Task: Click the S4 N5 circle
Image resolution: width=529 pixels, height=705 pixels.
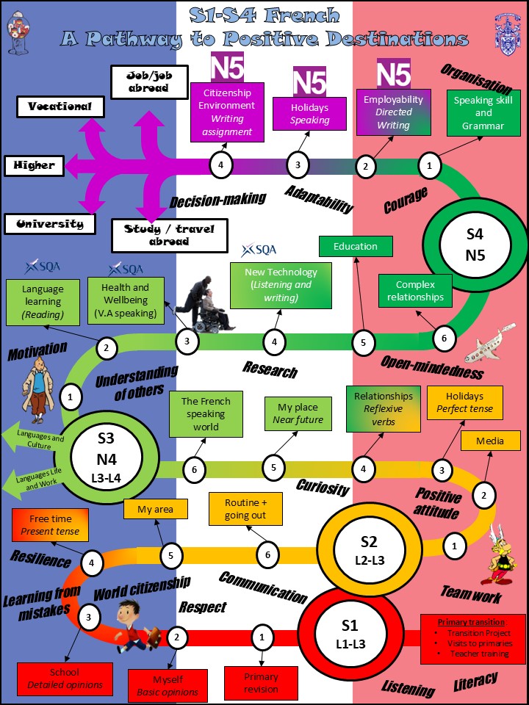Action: pyautogui.click(x=475, y=245)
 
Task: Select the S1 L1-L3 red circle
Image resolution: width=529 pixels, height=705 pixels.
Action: pyautogui.click(x=350, y=634)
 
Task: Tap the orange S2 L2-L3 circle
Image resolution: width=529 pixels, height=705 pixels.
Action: pyautogui.click(x=368, y=550)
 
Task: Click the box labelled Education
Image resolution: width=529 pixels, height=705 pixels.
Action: pyautogui.click(x=356, y=247)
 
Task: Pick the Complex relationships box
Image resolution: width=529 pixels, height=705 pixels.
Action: pyautogui.click(x=415, y=291)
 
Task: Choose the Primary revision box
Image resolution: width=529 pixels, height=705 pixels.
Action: pyautogui.click(x=261, y=683)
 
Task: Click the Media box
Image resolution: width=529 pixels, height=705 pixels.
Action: pyautogui.click(x=489, y=441)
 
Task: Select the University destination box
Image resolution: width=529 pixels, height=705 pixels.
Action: pyautogui.click(x=50, y=224)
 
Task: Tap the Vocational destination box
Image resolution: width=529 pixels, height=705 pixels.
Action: pyautogui.click(x=60, y=106)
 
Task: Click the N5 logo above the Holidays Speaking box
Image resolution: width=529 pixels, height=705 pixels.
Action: pyautogui.click(x=309, y=81)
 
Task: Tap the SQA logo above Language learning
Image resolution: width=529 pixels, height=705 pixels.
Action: pyautogui.click(x=42, y=266)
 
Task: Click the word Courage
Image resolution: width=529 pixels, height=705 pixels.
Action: pyautogui.click(x=405, y=200)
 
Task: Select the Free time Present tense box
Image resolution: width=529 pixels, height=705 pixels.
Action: pyautogui.click(x=50, y=525)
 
